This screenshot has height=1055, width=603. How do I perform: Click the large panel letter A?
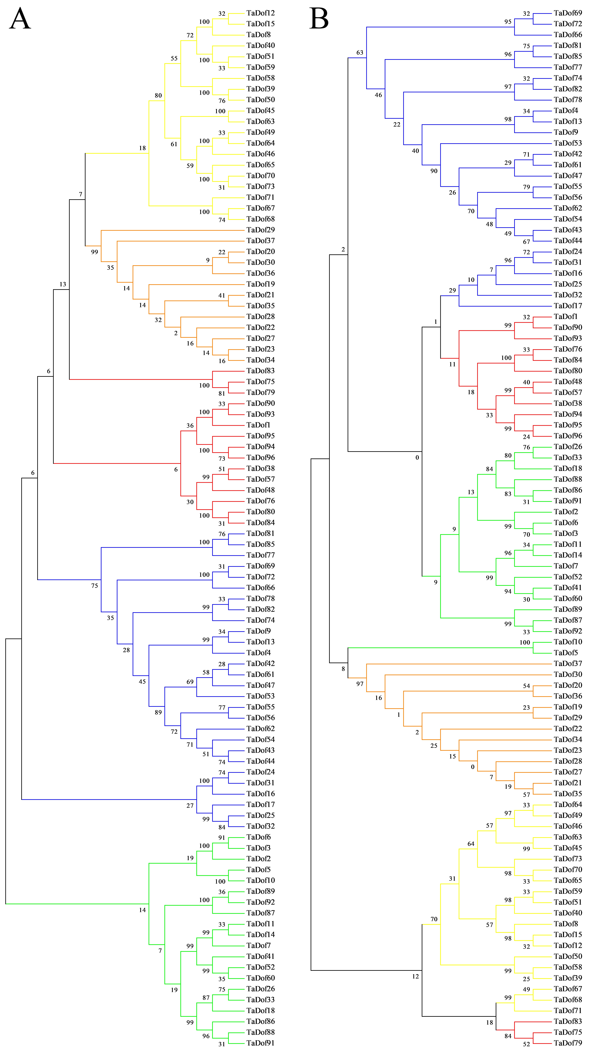[x=20, y=19]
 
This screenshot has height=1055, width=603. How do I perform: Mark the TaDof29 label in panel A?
[x=260, y=230]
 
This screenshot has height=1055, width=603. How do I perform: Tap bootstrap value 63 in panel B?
[x=360, y=53]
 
